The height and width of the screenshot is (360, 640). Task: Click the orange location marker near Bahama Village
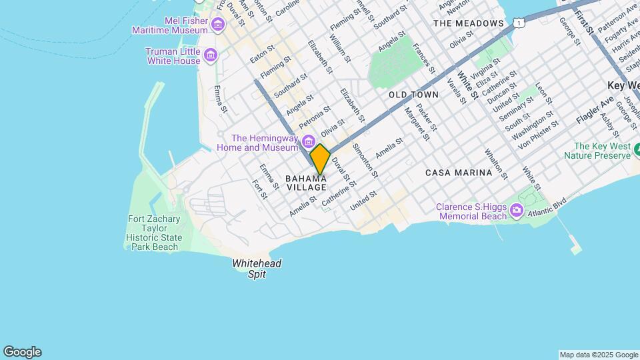click(x=320, y=159)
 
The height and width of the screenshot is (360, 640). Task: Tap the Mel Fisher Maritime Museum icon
click(x=218, y=25)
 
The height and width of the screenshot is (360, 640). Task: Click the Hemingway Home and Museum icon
click(x=308, y=141)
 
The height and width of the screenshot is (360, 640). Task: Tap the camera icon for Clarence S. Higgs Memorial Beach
click(x=517, y=211)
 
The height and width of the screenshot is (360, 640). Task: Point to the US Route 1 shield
click(x=518, y=23)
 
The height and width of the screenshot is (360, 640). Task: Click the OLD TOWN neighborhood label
click(x=413, y=95)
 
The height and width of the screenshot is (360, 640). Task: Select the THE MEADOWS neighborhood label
click(x=468, y=23)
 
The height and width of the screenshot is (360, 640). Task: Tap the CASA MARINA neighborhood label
click(x=459, y=172)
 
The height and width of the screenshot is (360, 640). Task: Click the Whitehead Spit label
click(x=257, y=269)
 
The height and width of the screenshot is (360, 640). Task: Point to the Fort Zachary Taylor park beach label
click(x=153, y=233)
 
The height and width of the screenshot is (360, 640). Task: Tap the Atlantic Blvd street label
click(x=547, y=207)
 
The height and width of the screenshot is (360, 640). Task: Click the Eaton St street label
click(x=262, y=54)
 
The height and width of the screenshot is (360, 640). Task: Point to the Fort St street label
click(x=260, y=189)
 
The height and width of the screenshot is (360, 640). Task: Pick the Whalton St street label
click(x=497, y=164)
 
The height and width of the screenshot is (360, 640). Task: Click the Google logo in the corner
click(x=22, y=352)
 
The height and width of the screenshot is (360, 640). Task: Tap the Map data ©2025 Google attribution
click(x=598, y=355)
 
